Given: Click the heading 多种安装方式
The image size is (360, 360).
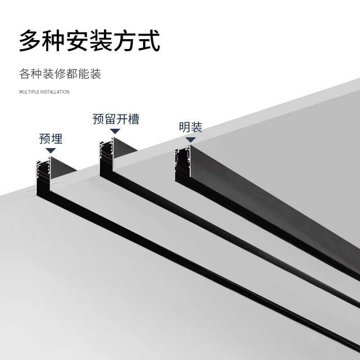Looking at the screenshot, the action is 90,41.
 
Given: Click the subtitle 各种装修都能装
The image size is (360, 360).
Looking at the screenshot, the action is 60,73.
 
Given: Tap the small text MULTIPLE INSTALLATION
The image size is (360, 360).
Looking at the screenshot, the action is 44,92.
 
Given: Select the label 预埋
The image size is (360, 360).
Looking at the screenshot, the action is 51,139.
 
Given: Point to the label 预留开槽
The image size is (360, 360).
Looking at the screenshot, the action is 116,119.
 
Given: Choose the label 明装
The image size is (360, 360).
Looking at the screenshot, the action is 190,127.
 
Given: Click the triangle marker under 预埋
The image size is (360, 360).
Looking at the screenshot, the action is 51,151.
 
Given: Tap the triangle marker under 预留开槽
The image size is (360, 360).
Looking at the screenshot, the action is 115,131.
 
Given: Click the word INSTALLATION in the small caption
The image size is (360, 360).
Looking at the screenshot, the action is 55,92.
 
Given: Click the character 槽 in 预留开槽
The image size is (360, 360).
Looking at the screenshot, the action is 133,119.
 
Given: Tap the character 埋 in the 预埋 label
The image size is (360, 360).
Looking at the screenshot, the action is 57,139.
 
